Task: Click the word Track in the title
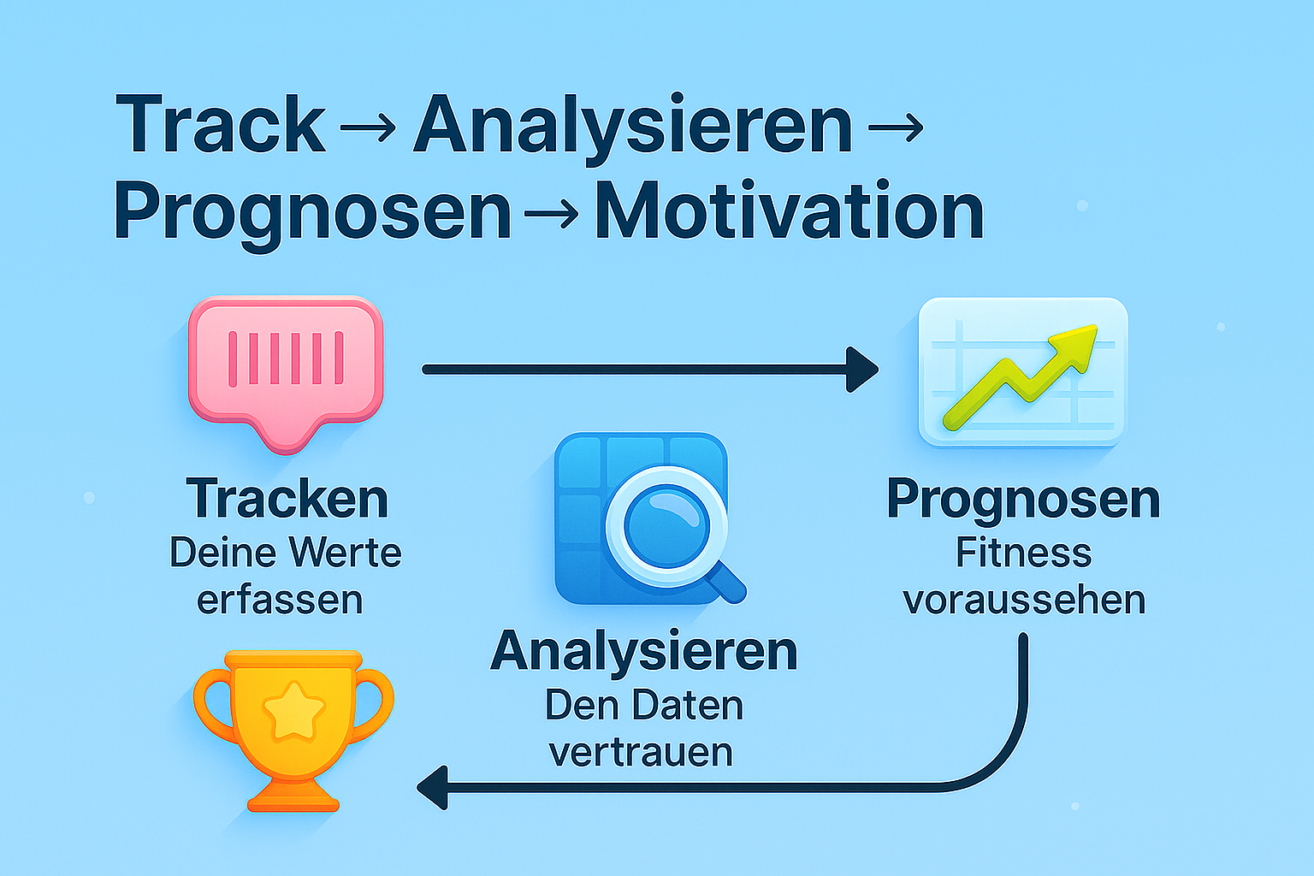click(x=221, y=123)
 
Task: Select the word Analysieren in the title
click(x=633, y=129)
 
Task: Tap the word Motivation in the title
click(x=790, y=210)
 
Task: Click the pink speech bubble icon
click(x=286, y=374)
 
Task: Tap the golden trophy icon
click(x=293, y=731)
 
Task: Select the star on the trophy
click(x=294, y=709)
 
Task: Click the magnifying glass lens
click(x=666, y=526)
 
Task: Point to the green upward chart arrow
click(x=1021, y=376)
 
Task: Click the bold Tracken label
click(x=287, y=498)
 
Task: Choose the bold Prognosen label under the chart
click(x=1024, y=500)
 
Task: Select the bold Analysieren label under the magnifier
click(x=644, y=653)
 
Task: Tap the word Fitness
click(x=1024, y=552)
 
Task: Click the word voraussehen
click(x=1024, y=601)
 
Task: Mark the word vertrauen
click(x=641, y=753)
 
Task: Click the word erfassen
click(x=280, y=600)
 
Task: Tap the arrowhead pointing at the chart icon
click(x=861, y=370)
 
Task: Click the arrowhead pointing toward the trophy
click(x=432, y=787)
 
